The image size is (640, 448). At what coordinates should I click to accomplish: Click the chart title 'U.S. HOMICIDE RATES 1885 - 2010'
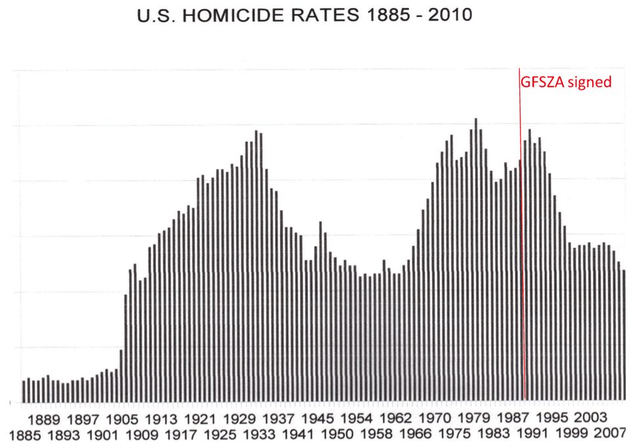(304, 15)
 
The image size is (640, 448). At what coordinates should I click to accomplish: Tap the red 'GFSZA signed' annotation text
(566, 83)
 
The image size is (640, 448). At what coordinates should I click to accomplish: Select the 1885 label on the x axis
(23, 434)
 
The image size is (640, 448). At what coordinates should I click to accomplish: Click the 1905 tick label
(121, 418)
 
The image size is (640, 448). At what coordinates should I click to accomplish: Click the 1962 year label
(396, 418)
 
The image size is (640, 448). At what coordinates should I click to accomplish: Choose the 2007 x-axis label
(612, 434)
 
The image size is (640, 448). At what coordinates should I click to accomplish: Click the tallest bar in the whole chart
(475, 259)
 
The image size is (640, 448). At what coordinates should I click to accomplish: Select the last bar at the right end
(624, 335)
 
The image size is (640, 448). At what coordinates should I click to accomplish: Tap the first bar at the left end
(24, 391)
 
